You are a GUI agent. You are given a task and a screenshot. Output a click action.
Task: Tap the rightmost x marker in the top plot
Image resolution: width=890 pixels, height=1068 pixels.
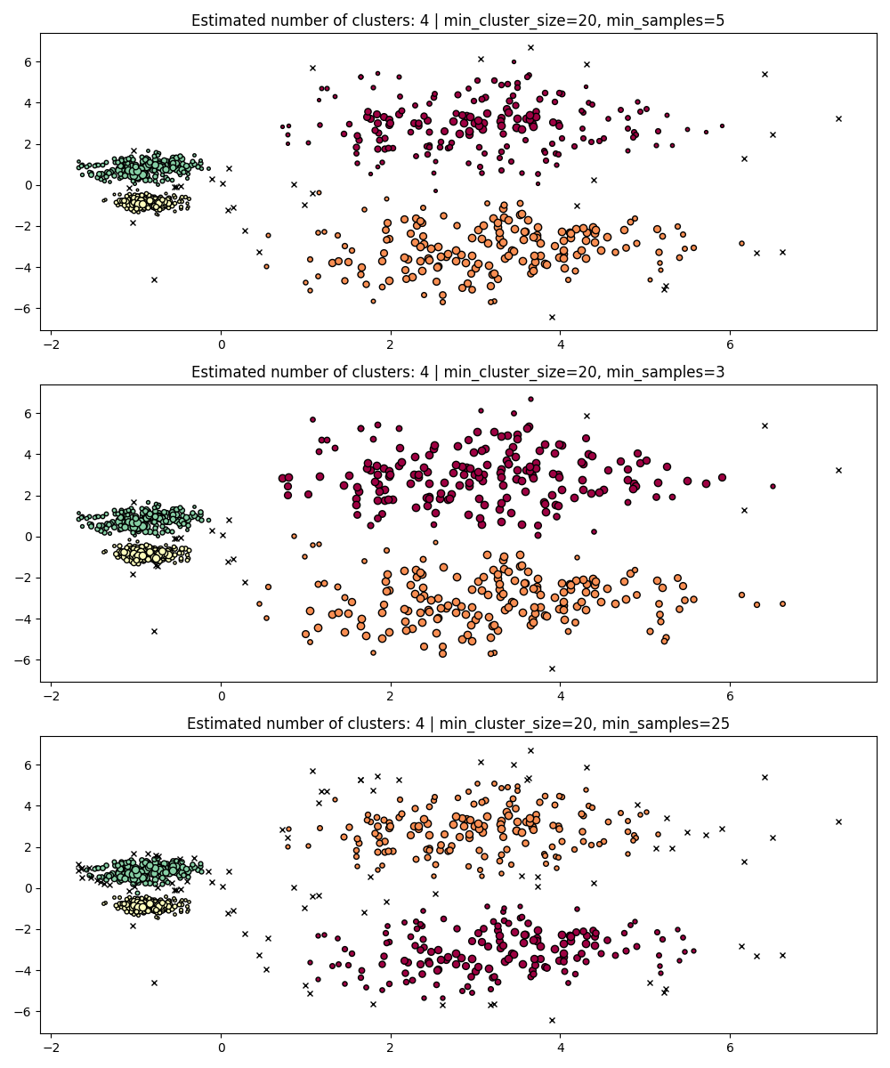pos(838,118)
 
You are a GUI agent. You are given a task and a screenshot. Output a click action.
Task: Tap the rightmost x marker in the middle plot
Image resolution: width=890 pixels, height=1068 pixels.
pos(838,470)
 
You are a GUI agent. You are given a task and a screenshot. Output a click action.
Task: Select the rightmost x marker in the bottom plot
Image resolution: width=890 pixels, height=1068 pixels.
pos(838,821)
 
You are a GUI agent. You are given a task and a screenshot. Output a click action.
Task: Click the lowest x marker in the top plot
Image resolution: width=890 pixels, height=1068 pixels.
pos(552,317)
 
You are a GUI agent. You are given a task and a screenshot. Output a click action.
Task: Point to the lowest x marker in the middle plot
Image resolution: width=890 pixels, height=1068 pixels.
pos(552,668)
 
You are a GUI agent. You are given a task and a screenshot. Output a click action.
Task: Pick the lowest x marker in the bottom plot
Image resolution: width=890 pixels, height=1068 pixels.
pos(552,1020)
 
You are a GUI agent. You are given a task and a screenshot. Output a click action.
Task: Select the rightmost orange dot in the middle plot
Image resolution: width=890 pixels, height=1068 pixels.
pos(782,603)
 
